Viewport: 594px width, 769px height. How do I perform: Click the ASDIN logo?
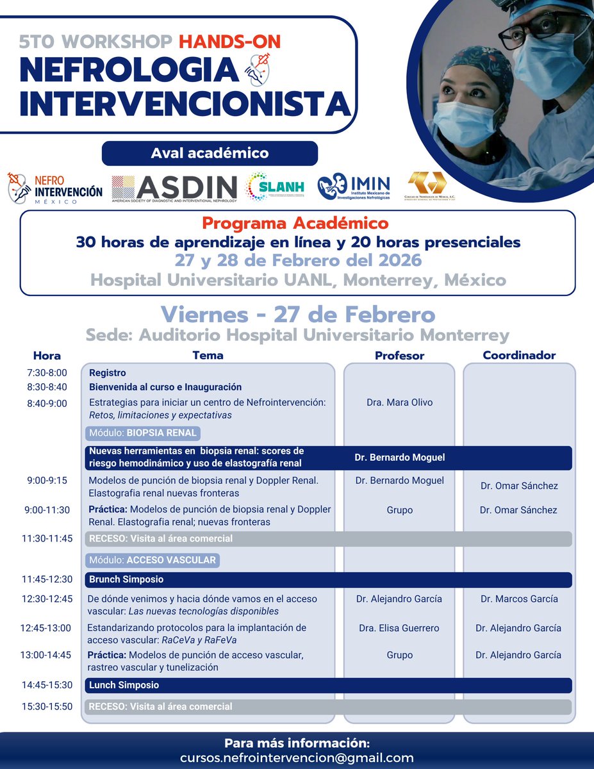tap(174, 187)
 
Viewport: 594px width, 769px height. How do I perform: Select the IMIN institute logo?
tap(354, 186)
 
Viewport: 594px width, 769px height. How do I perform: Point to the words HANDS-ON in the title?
tap(229, 42)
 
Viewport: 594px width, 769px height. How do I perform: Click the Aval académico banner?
tap(210, 154)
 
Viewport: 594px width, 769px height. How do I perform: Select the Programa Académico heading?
tap(295, 223)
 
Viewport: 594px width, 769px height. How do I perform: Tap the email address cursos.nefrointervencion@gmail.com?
tap(297, 757)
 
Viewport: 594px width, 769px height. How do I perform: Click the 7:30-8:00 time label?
tap(47, 373)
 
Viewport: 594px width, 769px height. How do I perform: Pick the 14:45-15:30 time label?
tap(47, 685)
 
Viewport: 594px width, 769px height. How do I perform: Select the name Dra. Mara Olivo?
tap(399, 402)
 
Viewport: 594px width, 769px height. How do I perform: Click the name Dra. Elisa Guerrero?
tap(399, 628)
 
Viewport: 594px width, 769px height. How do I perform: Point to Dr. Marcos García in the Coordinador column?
tap(518, 599)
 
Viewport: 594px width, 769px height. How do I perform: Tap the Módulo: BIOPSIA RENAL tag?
tap(142, 433)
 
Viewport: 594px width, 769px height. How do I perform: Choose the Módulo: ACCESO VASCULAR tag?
tap(153, 560)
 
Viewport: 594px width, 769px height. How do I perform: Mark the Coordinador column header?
tap(518, 355)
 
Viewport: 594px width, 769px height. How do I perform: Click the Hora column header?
tap(47, 356)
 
